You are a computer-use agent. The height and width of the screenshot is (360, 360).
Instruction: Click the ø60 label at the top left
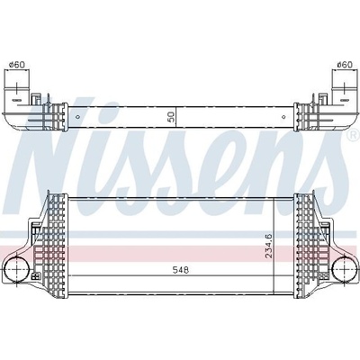17,65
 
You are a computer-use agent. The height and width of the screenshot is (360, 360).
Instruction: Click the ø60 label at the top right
344,65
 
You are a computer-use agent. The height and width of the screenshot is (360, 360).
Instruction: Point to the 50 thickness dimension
171,117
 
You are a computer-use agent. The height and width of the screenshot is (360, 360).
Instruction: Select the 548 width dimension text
181,270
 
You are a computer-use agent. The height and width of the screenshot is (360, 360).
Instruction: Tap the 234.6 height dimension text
268,246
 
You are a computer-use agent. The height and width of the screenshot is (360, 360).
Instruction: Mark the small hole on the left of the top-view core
78,117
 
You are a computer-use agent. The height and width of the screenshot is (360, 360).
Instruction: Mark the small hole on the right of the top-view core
283,117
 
